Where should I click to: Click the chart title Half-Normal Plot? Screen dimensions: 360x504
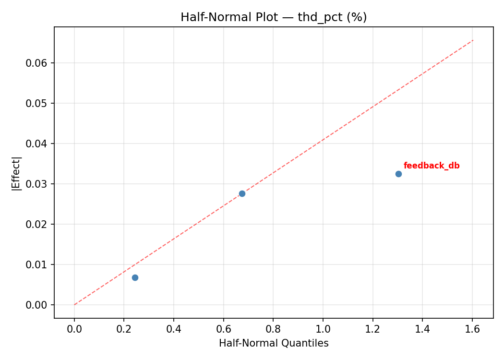274,17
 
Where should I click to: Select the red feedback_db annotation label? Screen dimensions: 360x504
432,166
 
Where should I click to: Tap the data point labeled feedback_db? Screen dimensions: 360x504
398,174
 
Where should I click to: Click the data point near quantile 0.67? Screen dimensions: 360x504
242,193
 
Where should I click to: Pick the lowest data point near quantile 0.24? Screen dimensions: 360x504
135,277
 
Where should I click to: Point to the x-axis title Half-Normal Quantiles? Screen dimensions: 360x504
274,344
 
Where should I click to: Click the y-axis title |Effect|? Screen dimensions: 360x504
17,172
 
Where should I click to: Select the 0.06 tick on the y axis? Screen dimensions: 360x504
39,63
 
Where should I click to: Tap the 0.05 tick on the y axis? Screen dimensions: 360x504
39,104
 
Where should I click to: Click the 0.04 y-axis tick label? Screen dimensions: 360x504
39,144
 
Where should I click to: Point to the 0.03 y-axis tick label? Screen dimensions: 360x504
39,184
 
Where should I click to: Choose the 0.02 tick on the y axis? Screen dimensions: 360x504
39,225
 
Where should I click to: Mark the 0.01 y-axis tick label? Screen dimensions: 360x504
39,265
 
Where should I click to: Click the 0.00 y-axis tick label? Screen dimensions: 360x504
39,305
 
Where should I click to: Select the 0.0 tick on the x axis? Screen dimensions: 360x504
74,329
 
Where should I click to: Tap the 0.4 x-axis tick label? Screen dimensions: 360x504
174,329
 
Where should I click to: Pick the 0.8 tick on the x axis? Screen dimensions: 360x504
273,329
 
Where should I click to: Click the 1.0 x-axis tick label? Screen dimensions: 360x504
323,329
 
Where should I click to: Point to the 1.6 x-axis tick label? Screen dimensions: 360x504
472,329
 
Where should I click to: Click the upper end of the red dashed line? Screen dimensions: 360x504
473,40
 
